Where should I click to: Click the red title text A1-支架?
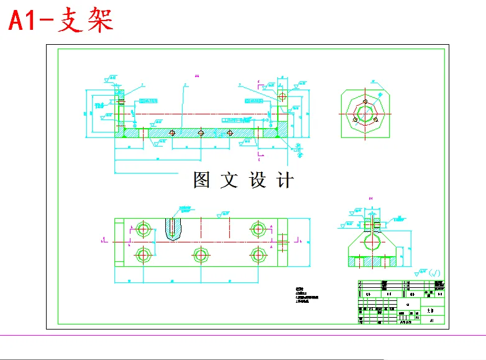point(60,21)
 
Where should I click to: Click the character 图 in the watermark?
point(203,180)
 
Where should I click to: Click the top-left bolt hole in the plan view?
point(144,228)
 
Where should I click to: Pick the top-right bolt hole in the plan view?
point(257,228)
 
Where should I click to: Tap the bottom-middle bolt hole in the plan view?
point(200,254)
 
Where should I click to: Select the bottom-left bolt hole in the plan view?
point(144,254)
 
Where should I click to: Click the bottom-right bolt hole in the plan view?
point(257,254)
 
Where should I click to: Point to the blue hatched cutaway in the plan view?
point(175,229)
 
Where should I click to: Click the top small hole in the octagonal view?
point(365,103)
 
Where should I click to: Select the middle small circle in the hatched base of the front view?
point(200,132)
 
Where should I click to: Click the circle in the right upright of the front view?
point(283,97)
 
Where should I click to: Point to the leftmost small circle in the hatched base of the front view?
point(172,132)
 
